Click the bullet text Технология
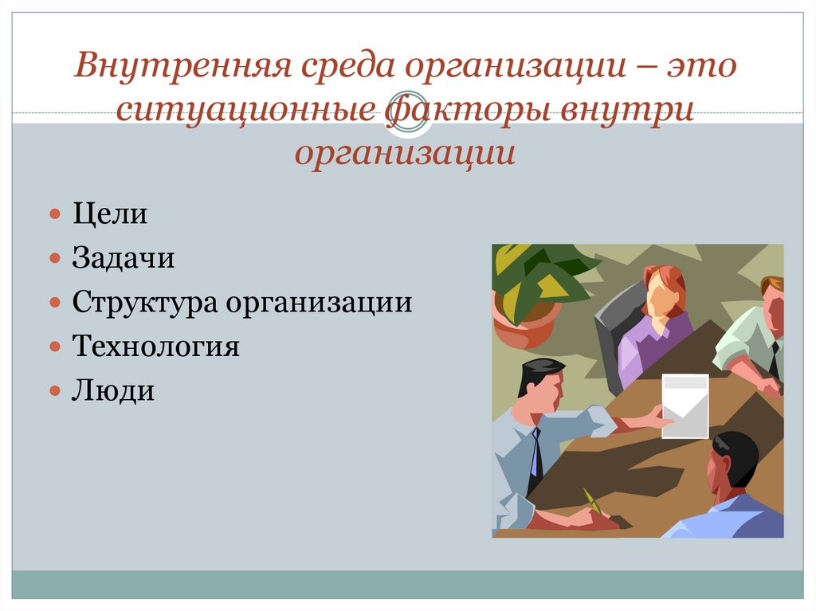155,347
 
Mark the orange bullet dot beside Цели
55,216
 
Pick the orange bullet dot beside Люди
55,391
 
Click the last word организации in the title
405,152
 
